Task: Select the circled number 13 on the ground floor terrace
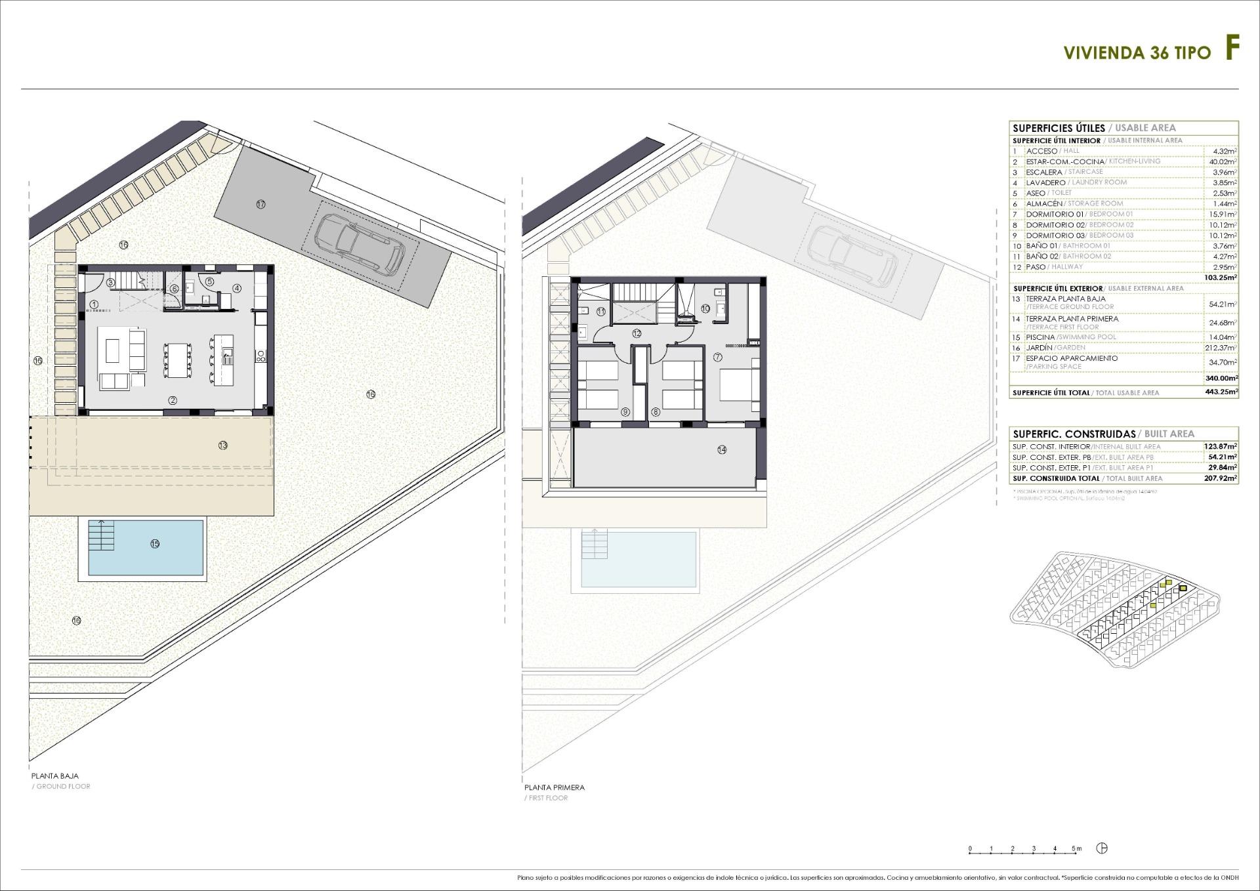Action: point(223,445)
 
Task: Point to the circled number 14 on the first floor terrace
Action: point(722,449)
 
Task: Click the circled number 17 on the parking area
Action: point(261,204)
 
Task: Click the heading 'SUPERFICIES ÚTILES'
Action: point(1058,128)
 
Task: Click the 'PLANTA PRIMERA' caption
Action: point(554,787)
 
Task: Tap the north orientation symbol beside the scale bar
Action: point(1102,848)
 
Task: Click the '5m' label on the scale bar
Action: point(1076,849)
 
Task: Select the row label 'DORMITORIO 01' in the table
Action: point(1055,214)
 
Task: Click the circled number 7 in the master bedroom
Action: point(717,358)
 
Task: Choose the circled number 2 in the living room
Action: point(173,400)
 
